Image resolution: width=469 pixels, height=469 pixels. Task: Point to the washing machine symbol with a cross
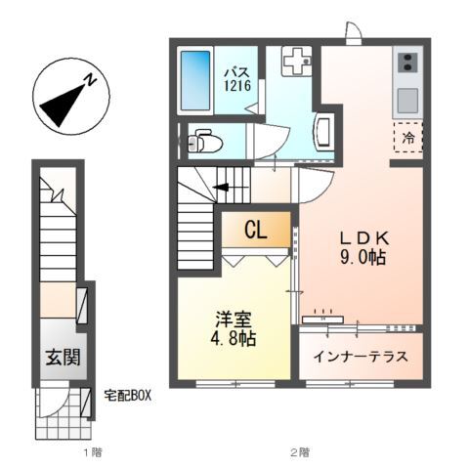[294, 63]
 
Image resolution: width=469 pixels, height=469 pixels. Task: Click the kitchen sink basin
[406, 99]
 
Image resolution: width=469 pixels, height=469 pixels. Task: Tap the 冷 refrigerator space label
[407, 138]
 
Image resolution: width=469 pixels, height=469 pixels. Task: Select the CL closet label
[256, 231]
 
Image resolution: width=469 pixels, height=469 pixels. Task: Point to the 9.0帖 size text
[364, 259]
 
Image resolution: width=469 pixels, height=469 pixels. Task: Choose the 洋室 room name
[234, 319]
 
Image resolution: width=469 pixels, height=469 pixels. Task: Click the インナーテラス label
[361, 357]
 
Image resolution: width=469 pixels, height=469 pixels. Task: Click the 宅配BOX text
[126, 396]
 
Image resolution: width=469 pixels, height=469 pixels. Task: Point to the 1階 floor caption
[92, 452]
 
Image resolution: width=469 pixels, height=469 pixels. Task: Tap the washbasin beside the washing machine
[325, 129]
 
